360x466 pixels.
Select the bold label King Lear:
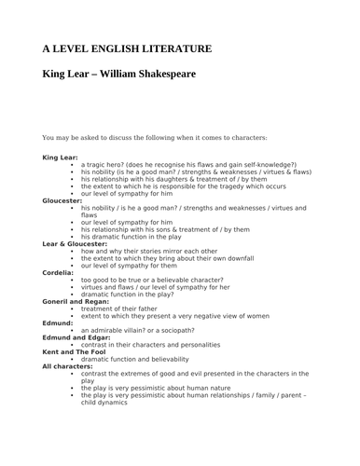(x=61, y=158)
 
